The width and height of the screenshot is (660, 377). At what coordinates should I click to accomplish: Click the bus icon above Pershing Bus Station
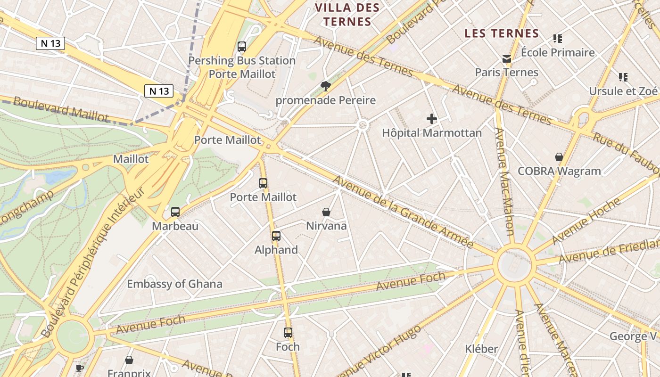tap(242, 46)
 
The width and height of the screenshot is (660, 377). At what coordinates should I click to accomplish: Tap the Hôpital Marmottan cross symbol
tap(431, 119)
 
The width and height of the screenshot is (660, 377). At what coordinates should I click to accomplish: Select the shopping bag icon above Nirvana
tap(326, 212)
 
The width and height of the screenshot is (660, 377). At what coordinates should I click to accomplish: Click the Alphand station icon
tap(276, 236)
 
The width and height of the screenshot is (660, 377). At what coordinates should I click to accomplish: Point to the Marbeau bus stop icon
tap(175, 212)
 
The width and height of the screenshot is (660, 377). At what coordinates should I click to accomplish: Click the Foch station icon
tap(288, 333)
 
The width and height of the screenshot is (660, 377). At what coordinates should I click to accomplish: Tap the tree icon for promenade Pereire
tap(325, 86)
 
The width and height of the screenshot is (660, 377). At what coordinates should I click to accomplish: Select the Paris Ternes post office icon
tap(507, 59)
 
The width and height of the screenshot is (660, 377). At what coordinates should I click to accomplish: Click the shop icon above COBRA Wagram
tap(559, 157)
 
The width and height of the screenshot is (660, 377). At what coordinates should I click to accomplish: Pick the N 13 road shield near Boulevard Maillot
tap(159, 91)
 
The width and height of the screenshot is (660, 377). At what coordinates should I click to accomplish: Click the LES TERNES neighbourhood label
tap(502, 33)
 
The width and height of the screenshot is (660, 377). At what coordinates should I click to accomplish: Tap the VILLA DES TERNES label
tap(347, 15)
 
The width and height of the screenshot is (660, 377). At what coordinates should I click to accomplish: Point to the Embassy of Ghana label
tap(174, 284)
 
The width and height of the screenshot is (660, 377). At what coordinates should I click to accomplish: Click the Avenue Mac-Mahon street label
tap(503, 181)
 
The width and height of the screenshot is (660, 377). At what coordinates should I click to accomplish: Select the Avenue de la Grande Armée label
tap(403, 212)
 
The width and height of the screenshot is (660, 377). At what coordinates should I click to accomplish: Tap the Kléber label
tap(481, 349)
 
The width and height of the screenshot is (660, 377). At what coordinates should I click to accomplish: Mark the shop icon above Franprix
tap(129, 361)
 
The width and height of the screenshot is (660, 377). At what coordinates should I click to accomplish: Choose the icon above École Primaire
tap(558, 39)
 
